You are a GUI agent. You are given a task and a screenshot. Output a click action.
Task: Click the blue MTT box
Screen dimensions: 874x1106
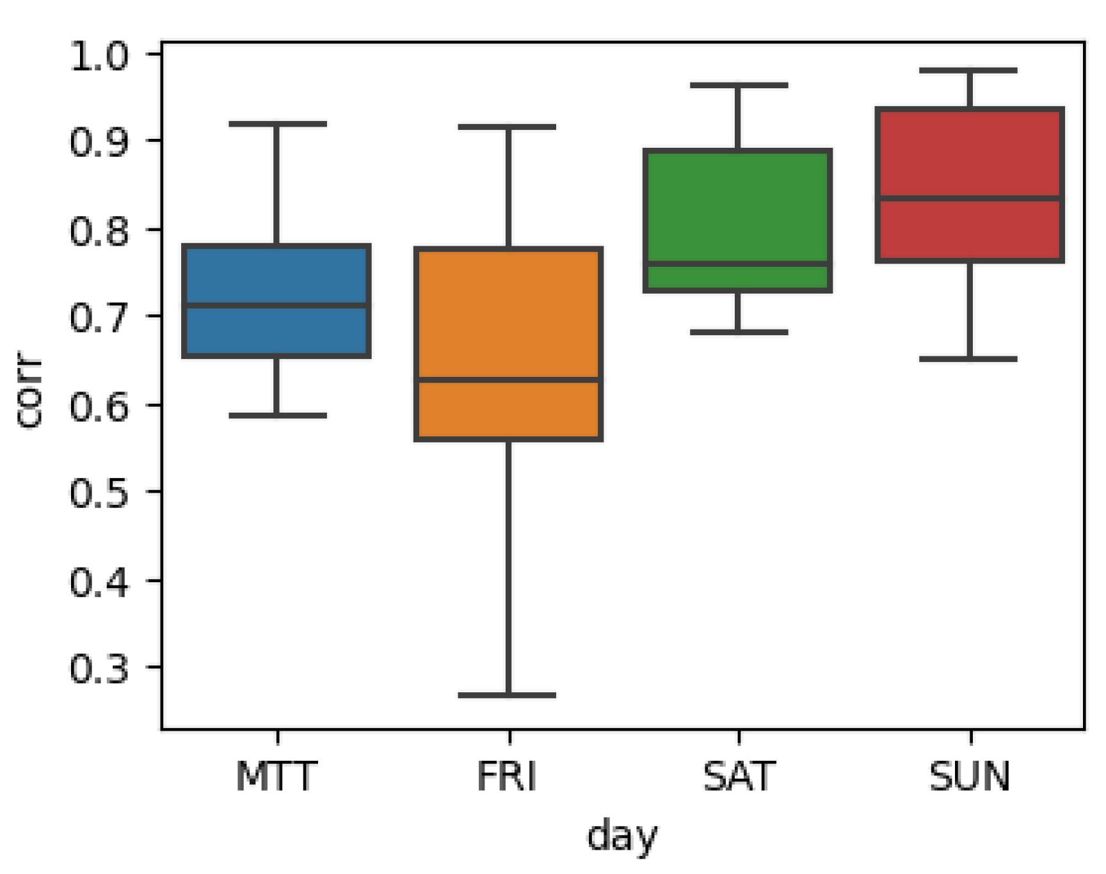[276, 275]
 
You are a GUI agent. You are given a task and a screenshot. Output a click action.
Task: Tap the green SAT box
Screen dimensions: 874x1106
[738, 205]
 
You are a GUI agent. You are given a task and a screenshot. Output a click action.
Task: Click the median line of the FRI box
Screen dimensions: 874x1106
[509, 380]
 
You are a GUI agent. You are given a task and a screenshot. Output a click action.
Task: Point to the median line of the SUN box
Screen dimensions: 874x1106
[970, 198]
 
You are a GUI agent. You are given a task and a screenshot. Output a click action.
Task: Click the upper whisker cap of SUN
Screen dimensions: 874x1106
[969, 70]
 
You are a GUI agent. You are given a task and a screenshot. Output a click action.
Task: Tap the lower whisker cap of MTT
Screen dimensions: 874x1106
[278, 416]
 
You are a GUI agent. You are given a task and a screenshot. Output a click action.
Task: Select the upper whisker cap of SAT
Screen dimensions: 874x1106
[739, 85]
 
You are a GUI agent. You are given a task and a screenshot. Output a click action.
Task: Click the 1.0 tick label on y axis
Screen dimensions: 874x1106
[99, 56]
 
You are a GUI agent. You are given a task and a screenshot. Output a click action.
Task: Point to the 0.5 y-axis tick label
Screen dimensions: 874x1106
[99, 493]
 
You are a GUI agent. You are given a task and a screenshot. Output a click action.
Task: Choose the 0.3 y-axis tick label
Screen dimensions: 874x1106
[99, 669]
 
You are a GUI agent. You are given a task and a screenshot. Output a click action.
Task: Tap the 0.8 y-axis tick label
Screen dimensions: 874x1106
[99, 231]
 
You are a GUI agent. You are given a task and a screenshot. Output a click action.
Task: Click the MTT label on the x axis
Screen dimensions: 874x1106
[276, 776]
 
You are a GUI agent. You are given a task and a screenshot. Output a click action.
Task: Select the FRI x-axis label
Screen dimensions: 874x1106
[507, 776]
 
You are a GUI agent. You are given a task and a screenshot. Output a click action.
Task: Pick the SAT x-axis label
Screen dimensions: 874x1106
[739, 776]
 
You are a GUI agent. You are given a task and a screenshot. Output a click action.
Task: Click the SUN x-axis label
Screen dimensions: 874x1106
[970, 776]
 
